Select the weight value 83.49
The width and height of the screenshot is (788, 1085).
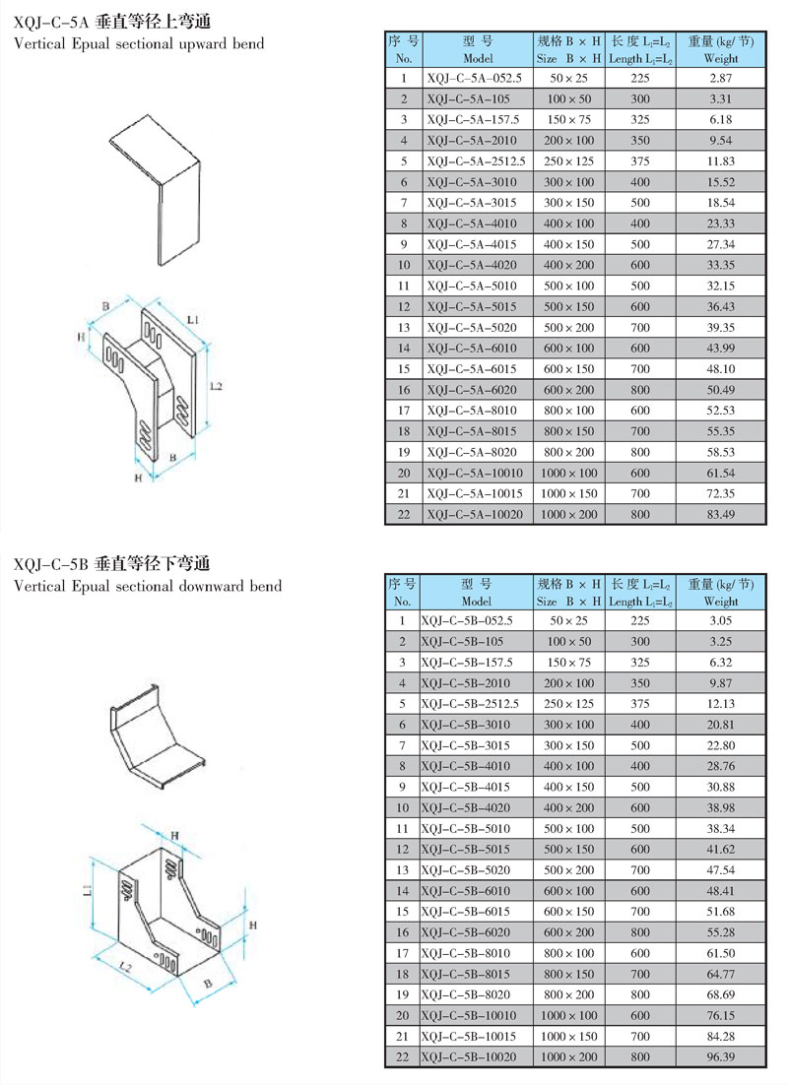click(x=721, y=514)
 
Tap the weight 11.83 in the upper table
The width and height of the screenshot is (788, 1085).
click(x=721, y=160)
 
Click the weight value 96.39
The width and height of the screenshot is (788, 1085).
click(x=721, y=1056)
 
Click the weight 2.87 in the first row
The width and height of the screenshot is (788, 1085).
click(x=721, y=77)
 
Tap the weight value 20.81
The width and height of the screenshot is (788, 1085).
click(x=721, y=725)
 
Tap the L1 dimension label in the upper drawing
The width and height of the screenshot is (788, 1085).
click(x=192, y=321)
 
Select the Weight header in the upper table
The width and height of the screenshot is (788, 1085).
click(x=721, y=59)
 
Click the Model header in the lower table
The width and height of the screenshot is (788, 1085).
click(x=475, y=601)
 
